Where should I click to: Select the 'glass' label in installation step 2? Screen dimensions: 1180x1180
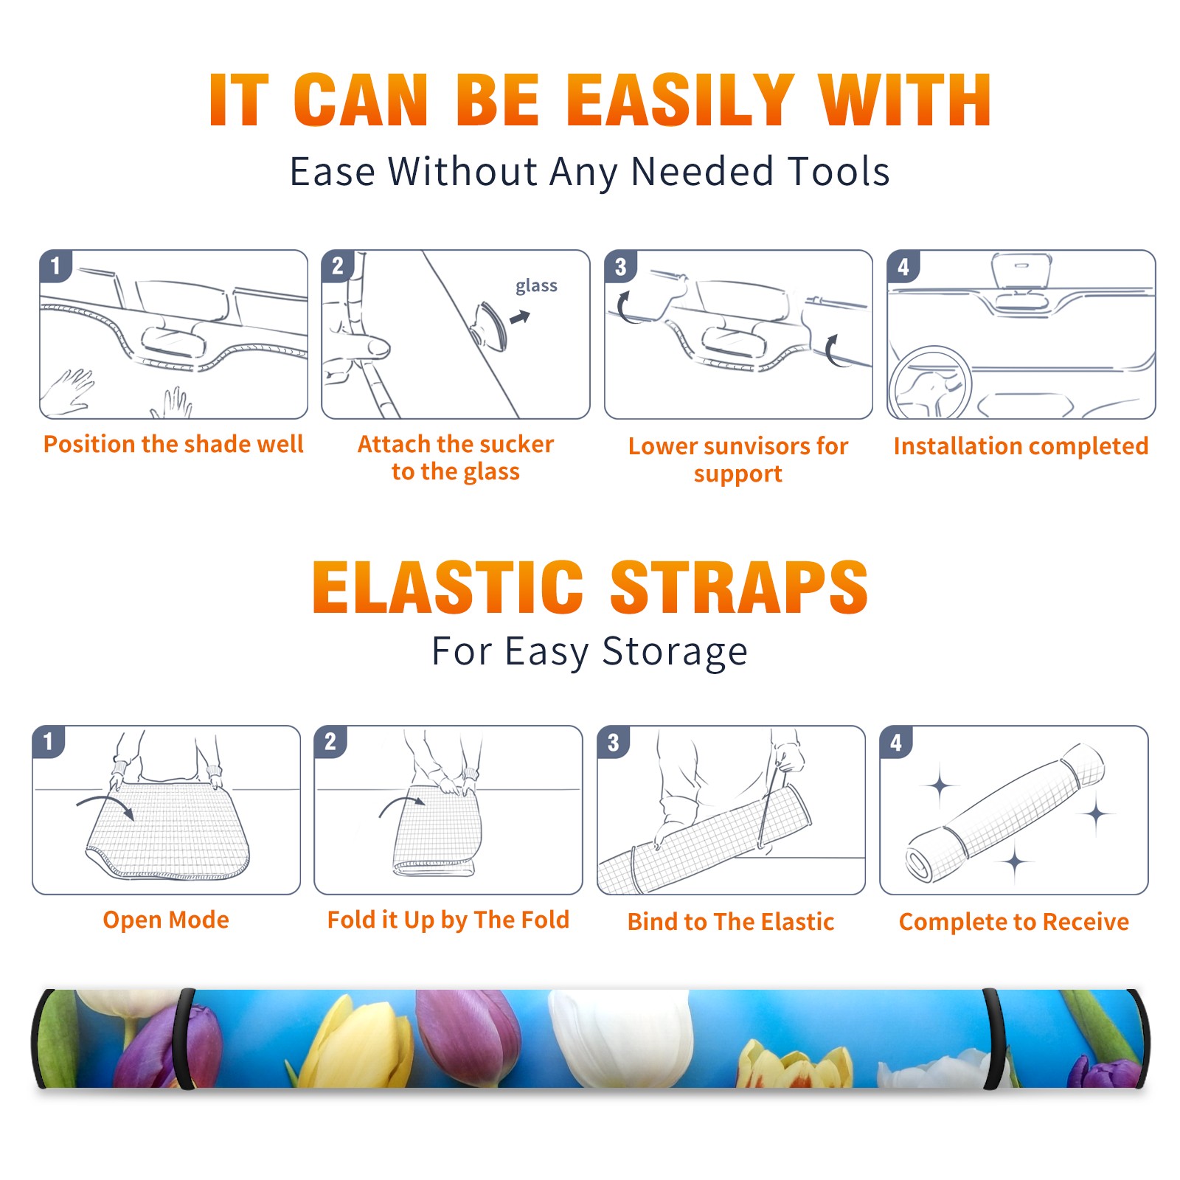536,286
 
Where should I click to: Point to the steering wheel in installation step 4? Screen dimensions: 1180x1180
930,383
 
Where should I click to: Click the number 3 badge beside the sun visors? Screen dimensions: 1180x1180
620,267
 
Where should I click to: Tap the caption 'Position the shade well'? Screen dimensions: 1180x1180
173,444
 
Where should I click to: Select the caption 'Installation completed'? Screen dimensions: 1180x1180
1021,446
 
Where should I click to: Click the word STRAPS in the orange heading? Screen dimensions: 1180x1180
739,587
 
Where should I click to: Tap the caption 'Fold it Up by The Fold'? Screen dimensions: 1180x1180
448,920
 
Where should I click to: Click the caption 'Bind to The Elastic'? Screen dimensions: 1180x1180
731,922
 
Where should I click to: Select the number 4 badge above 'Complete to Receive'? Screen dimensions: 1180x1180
896,743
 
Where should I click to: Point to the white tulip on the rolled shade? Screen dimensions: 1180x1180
622,1037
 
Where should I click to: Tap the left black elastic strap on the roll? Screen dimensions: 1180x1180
184,1038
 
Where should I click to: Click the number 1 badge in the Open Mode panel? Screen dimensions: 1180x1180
49,742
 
